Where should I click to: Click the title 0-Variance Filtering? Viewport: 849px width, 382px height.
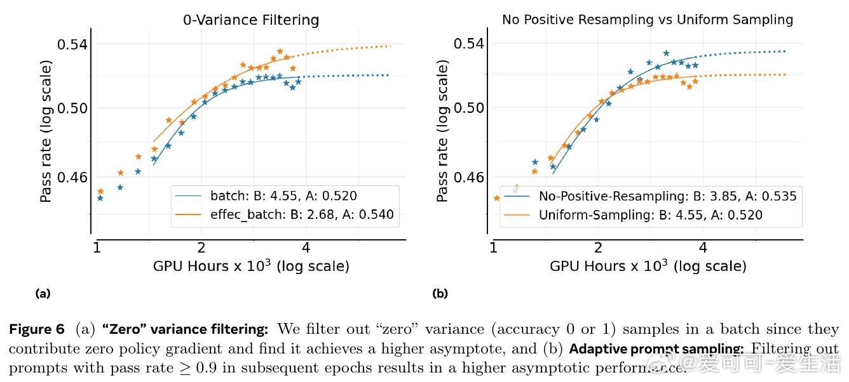(x=251, y=20)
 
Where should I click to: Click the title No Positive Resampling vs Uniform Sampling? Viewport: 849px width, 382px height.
(x=648, y=20)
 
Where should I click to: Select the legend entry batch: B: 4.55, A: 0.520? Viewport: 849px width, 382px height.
(x=283, y=197)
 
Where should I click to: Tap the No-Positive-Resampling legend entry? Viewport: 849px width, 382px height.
(x=667, y=196)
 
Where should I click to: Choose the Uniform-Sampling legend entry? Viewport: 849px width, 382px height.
(x=650, y=215)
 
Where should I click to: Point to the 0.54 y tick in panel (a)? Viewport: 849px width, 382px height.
(x=72, y=44)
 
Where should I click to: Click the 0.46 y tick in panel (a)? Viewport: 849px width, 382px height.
(x=72, y=177)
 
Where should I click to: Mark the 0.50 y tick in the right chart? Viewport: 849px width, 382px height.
(x=469, y=107)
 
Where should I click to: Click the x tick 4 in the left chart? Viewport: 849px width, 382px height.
(x=306, y=247)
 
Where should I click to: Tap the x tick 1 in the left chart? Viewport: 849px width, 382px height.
(x=97, y=247)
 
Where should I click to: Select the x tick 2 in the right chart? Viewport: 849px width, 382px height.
(x=599, y=247)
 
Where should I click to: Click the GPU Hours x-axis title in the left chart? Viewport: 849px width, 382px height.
(x=251, y=266)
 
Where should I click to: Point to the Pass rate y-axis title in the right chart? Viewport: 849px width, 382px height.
(x=443, y=131)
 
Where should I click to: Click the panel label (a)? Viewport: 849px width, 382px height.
(x=43, y=293)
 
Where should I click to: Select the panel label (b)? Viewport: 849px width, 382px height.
(x=440, y=293)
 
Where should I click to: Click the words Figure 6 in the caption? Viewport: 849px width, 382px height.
(x=37, y=329)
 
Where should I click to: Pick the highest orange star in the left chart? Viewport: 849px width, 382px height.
(x=280, y=51)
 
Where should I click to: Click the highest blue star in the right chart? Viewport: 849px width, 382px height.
(x=666, y=53)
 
